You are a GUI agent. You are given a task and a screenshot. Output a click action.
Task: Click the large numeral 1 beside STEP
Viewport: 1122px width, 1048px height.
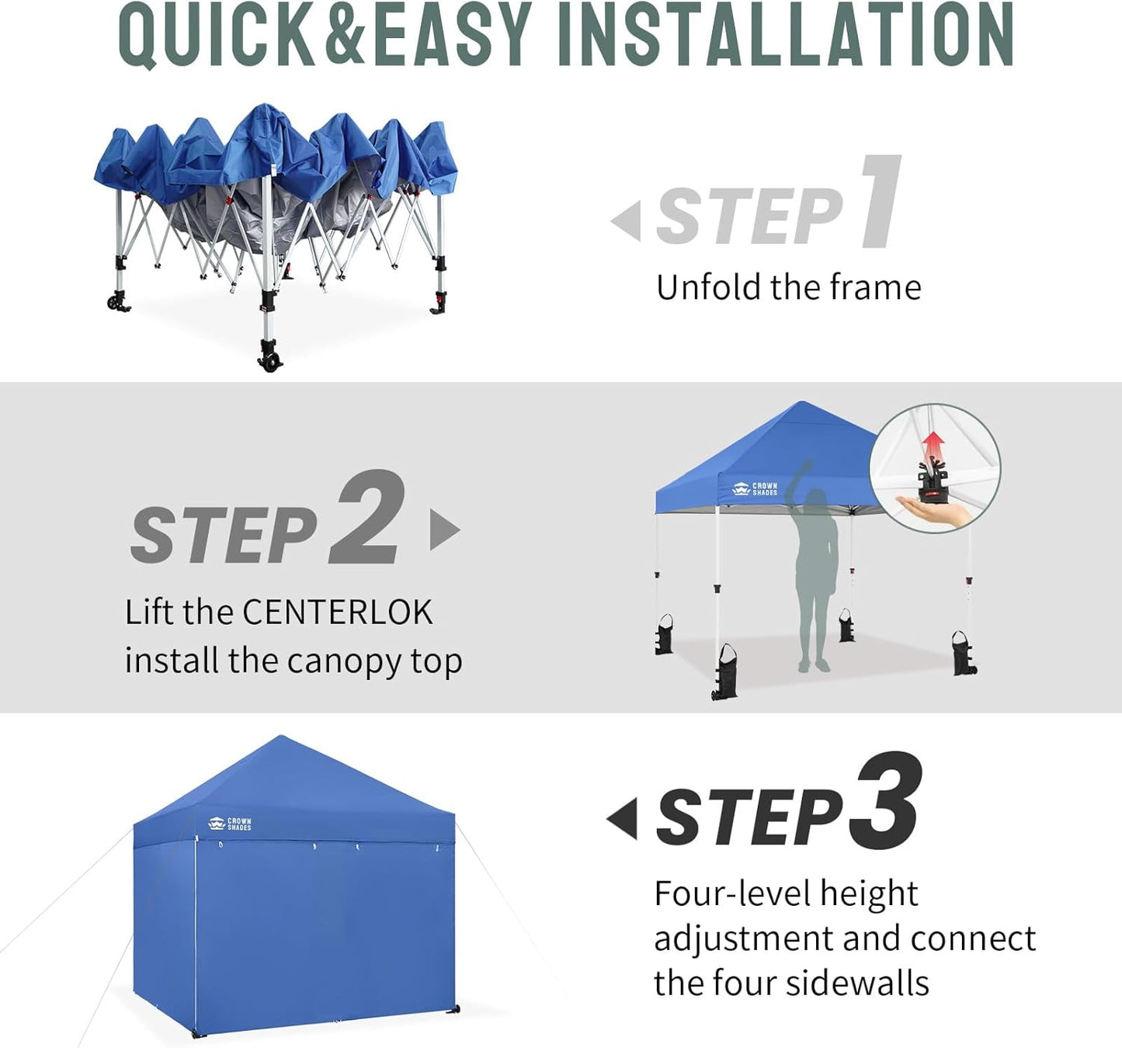click(881, 202)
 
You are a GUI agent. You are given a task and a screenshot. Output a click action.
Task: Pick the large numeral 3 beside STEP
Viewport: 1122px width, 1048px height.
click(885, 801)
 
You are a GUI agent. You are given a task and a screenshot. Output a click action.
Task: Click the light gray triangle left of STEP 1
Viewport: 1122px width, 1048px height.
click(627, 220)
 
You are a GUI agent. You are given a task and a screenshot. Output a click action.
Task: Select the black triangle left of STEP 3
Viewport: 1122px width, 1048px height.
click(623, 818)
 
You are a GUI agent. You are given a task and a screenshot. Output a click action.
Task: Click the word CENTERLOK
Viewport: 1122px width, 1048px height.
click(337, 612)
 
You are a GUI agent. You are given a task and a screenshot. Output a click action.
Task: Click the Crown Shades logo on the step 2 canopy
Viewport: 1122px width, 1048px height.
click(755, 489)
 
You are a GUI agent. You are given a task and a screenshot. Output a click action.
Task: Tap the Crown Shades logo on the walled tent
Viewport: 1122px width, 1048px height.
click(230, 824)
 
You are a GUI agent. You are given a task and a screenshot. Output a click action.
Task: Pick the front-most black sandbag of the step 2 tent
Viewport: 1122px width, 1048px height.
click(724, 671)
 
